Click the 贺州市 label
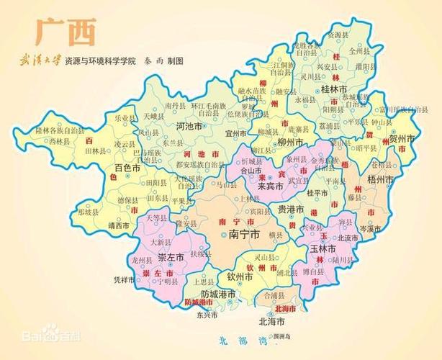[x=402, y=138]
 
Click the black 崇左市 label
[x=172, y=257]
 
